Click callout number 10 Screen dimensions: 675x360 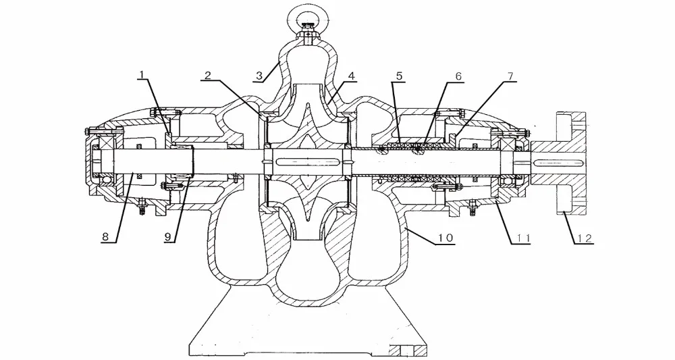pos(446,238)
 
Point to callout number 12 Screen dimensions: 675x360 pos(583,238)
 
